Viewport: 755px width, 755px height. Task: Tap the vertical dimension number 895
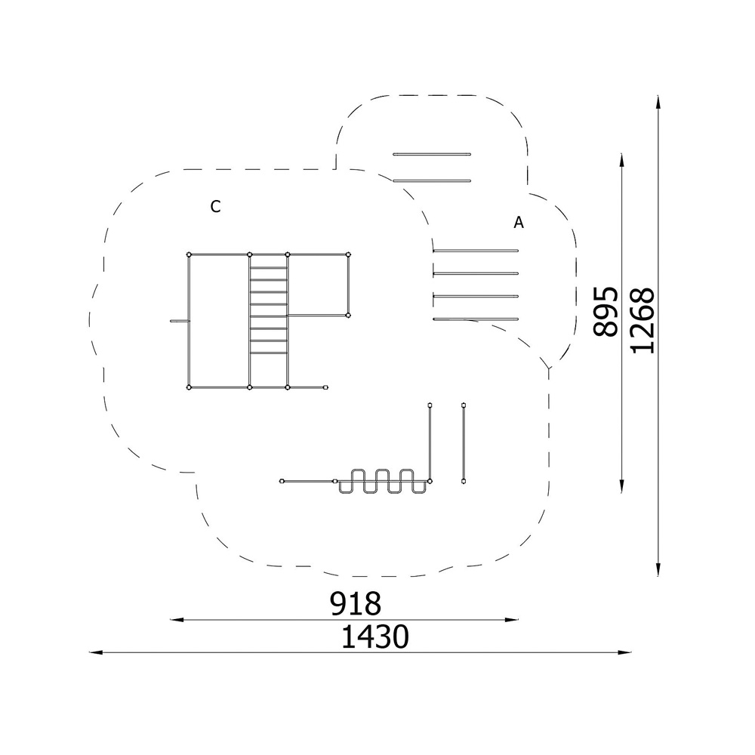[x=606, y=312]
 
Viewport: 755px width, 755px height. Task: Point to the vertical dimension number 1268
[x=643, y=321]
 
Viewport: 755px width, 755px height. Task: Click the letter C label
[x=215, y=207]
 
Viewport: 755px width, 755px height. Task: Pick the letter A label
[x=519, y=223]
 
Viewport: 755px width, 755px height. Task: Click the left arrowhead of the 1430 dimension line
[x=96, y=652]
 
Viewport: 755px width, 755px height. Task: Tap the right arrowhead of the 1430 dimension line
[x=624, y=652]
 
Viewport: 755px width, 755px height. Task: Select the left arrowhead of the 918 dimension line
[x=177, y=620]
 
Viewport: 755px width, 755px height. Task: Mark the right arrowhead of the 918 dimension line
[x=512, y=620]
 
